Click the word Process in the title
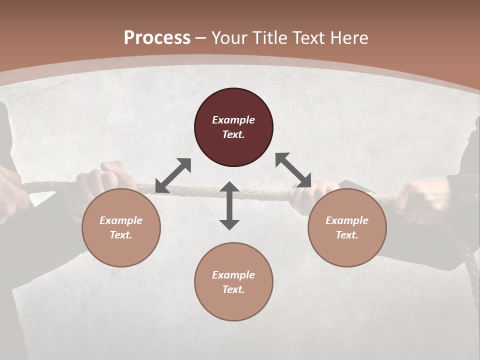coord(157,38)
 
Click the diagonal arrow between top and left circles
coord(173,175)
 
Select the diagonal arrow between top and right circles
coord(293,170)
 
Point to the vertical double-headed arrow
coord(229,205)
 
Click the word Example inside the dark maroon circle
coord(233,120)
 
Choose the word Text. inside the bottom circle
coord(233,289)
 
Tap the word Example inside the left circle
coord(121,220)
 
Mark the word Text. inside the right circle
coord(347,235)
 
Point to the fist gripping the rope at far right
coord(420,200)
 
